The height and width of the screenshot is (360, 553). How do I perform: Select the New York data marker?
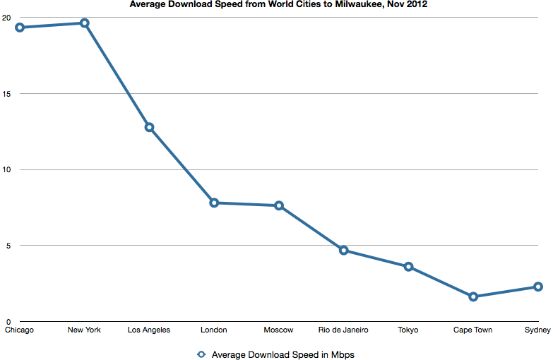pyautogui.click(x=84, y=23)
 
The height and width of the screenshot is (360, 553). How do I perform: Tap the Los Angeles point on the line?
pyautogui.click(x=149, y=127)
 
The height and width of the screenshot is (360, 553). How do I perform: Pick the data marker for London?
pyautogui.click(x=214, y=203)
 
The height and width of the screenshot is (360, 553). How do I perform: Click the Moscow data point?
pyautogui.click(x=279, y=205)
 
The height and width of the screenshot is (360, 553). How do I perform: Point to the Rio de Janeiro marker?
pyautogui.click(x=344, y=250)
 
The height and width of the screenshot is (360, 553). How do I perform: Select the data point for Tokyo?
pyautogui.click(x=408, y=266)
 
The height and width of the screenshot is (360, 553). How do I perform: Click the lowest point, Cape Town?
pyautogui.click(x=473, y=296)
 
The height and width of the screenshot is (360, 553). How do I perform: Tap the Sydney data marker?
pyautogui.click(x=538, y=287)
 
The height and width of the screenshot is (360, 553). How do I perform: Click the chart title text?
pyautogui.click(x=278, y=5)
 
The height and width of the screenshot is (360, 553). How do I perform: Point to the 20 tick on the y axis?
pyautogui.click(x=6, y=18)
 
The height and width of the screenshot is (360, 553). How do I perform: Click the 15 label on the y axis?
pyautogui.click(x=6, y=93)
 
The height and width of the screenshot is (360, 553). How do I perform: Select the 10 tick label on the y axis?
pyautogui.click(x=6, y=169)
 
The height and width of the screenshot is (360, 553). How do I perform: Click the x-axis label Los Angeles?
pyautogui.click(x=149, y=330)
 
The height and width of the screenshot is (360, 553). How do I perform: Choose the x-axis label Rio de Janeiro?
pyautogui.click(x=344, y=330)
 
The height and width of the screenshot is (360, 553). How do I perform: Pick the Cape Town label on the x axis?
pyautogui.click(x=473, y=330)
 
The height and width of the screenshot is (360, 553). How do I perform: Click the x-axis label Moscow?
pyautogui.click(x=279, y=330)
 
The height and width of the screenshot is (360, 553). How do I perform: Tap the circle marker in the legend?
pyautogui.click(x=201, y=354)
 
